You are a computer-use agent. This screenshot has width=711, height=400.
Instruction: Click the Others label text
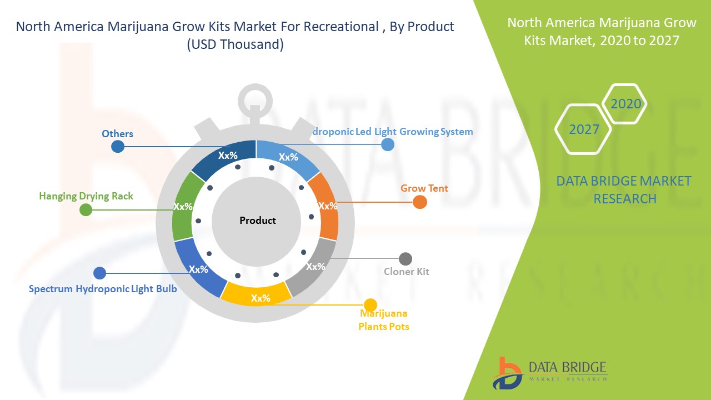click(x=117, y=134)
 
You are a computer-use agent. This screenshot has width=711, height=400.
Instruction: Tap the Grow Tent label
click(x=424, y=188)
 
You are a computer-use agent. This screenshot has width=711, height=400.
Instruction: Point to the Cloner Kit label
click(x=407, y=272)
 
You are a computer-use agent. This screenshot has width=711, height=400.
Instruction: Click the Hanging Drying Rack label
click(x=86, y=196)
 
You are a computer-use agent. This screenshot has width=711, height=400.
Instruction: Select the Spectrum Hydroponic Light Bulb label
click(x=103, y=289)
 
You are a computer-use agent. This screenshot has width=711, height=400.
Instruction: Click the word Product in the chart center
click(x=257, y=221)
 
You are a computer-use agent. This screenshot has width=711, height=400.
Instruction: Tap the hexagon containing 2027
click(x=584, y=129)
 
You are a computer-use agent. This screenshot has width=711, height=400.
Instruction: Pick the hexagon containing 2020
click(x=625, y=104)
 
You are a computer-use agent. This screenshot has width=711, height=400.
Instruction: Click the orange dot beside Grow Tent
click(x=420, y=202)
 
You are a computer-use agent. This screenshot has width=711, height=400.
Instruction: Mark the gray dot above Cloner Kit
click(x=405, y=259)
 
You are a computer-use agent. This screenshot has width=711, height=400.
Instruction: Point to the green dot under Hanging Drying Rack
click(x=86, y=210)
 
